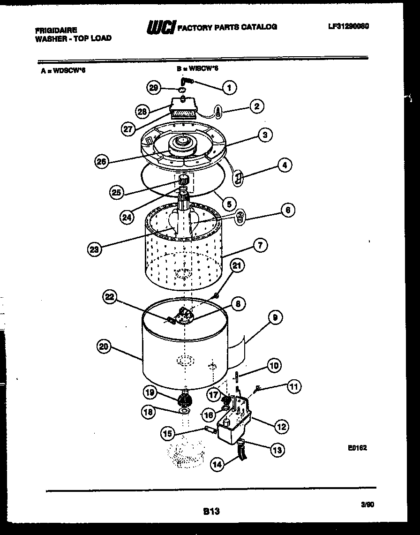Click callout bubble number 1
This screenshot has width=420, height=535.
(229, 87)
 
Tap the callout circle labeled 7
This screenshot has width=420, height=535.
(260, 244)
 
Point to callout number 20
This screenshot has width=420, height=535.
(105, 347)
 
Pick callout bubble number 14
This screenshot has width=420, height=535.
(217, 465)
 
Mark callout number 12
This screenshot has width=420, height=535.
(281, 426)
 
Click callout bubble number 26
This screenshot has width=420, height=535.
(102, 162)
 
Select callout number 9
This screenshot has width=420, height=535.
(275, 317)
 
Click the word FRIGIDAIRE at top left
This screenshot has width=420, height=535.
(56, 29)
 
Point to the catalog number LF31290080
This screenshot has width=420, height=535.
(348, 27)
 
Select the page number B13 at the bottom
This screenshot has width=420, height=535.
(211, 512)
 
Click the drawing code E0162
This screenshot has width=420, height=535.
(357, 448)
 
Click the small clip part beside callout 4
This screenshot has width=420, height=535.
(238, 178)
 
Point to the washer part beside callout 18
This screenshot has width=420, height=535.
(185, 411)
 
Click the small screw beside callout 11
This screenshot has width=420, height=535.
(257, 389)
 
